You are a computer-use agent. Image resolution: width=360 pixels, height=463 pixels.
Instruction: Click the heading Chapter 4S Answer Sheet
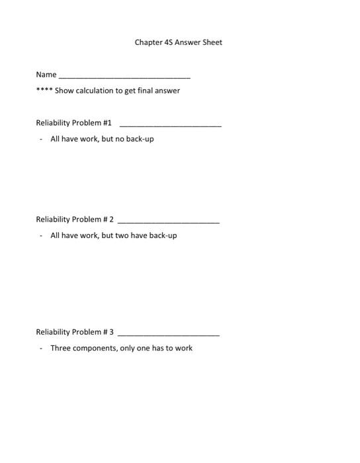[178, 42]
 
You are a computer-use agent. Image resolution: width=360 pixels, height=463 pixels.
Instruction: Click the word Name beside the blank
[46, 75]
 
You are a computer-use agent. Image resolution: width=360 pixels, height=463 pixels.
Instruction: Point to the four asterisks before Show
[44, 91]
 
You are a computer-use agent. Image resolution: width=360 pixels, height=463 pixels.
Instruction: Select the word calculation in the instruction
[94, 91]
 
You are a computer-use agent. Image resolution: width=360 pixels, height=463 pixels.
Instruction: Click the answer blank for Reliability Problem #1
[170, 125]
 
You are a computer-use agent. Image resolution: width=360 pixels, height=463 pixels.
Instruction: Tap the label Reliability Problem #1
[74, 123]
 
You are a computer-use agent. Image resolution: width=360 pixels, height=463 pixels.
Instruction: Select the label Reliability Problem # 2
[75, 220]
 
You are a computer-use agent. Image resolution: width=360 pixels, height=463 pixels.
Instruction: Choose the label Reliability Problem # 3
[75, 332]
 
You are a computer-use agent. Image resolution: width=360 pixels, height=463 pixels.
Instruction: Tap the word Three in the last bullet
[62, 348]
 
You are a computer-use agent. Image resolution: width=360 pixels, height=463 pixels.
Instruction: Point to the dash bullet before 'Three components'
[41, 348]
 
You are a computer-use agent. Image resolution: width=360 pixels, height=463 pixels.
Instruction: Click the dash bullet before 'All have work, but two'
[41, 235]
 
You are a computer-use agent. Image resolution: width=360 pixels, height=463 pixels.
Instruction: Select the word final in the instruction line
[147, 91]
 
